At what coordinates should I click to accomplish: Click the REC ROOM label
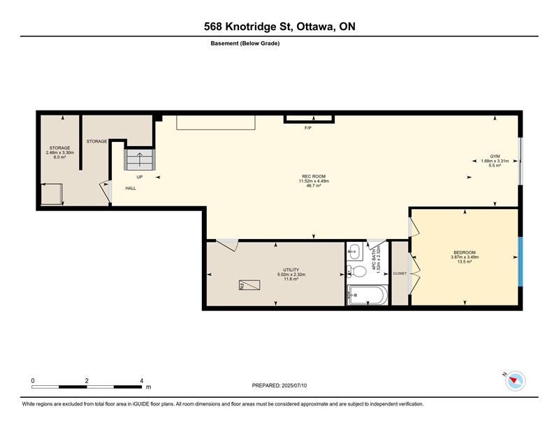[314, 176]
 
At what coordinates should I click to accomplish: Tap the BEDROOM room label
[465, 252]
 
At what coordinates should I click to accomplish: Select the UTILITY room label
[291, 270]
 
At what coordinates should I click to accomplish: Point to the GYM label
[495, 157]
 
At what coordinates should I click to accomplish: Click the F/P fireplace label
[308, 128]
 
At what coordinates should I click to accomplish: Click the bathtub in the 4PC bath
[368, 295]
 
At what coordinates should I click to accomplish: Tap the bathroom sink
[354, 252]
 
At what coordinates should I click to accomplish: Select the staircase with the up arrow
[139, 159]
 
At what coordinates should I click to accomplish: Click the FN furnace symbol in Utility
[249, 285]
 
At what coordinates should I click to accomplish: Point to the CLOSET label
[400, 273]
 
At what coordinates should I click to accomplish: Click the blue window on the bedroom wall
[520, 261]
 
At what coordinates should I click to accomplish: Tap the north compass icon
[515, 381]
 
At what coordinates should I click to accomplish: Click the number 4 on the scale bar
[142, 381]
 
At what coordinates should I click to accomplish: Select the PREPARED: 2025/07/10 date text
[279, 386]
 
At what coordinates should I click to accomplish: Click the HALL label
[131, 188]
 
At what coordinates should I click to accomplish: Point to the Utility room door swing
[227, 245]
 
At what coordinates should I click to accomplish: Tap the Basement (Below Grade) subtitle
[245, 43]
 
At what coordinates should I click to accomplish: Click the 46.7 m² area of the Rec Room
[314, 185]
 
